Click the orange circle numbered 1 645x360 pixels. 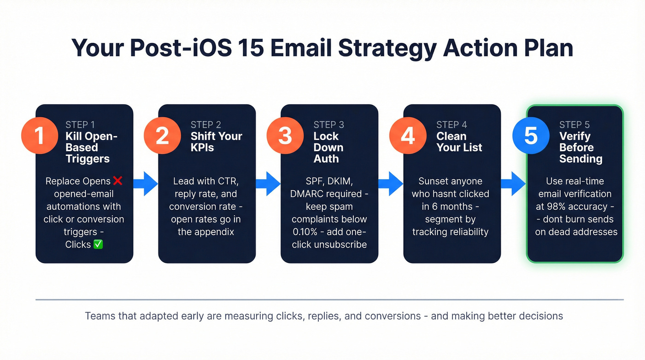pyautogui.click(x=40, y=136)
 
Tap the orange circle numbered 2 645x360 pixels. pyautogui.click(x=162, y=136)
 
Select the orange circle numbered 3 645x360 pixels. pyautogui.click(x=285, y=136)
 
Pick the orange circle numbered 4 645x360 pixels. pyautogui.click(x=408, y=136)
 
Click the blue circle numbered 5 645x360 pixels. pyautogui.click(x=531, y=136)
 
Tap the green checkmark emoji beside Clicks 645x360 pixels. pyautogui.click(x=98, y=244)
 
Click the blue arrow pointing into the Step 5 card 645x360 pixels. pyautogui.click(x=513, y=183)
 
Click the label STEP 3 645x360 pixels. pyautogui.click(x=328, y=124)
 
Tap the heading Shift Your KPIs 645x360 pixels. pyautogui.click(x=216, y=142)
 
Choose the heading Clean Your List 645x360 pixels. pyautogui.click(x=459, y=142)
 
